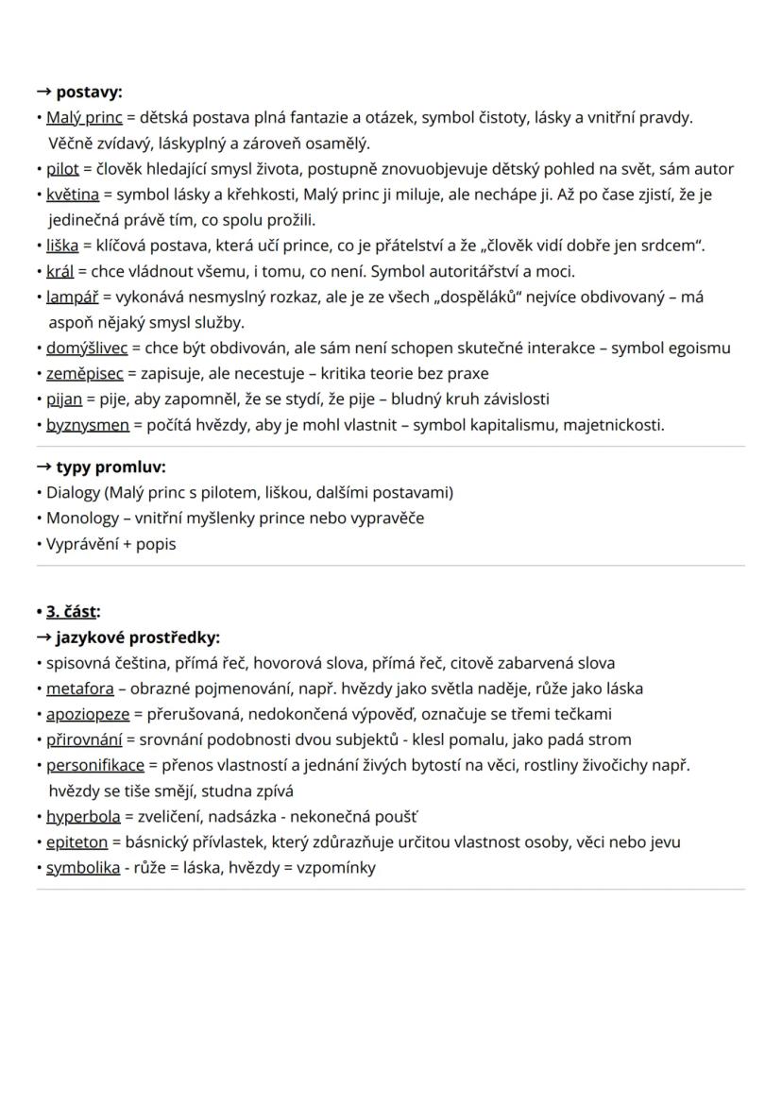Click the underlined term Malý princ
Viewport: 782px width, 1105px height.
pos(84,118)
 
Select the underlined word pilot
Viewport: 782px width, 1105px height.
pos(62,169)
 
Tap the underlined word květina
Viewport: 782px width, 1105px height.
pos(73,195)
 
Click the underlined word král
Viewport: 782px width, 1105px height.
pos(59,271)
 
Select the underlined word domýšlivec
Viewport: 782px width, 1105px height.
pos(87,348)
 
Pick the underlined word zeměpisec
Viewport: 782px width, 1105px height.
pos(82,373)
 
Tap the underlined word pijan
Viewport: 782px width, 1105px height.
pos(64,399)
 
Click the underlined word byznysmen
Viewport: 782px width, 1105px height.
pos(88,424)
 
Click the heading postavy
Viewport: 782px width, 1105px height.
pos(89,92)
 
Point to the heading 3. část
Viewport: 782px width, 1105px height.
pos(72,611)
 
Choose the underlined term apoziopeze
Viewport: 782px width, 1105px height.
pos(88,714)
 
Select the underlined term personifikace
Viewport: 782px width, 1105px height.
pos(95,765)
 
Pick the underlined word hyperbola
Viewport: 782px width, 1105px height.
pos(83,816)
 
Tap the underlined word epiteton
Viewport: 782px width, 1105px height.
pos(77,841)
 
